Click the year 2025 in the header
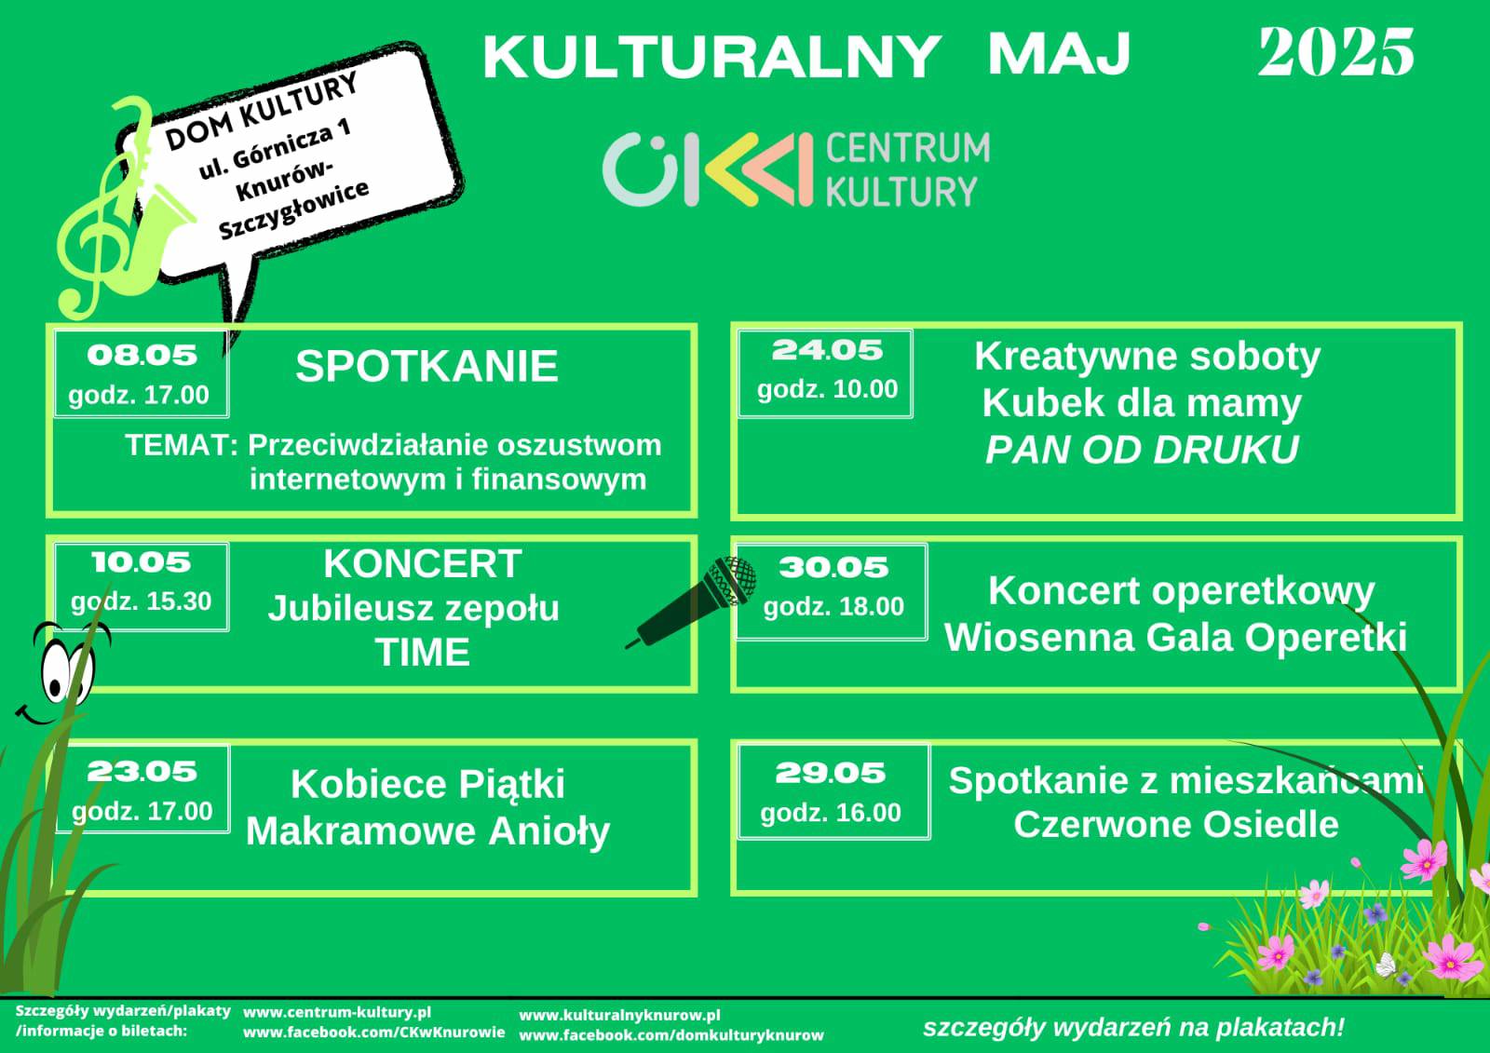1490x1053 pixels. click(1335, 52)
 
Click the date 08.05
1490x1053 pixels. click(142, 356)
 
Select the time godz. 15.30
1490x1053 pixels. click(141, 601)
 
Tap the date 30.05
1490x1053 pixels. click(833, 567)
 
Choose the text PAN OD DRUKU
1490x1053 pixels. click(1142, 450)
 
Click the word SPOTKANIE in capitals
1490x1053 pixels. click(427, 366)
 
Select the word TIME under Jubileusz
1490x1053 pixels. click(423, 652)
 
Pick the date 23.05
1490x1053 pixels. click(142, 772)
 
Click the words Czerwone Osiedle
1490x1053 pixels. click(1176, 824)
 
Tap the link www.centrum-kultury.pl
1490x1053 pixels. click(336, 1012)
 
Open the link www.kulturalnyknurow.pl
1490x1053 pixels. click(619, 1016)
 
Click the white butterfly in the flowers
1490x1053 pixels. click(1386, 965)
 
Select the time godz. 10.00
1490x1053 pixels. click(828, 390)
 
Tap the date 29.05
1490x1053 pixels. click(830, 773)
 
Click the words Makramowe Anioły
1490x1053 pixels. click(427, 831)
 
